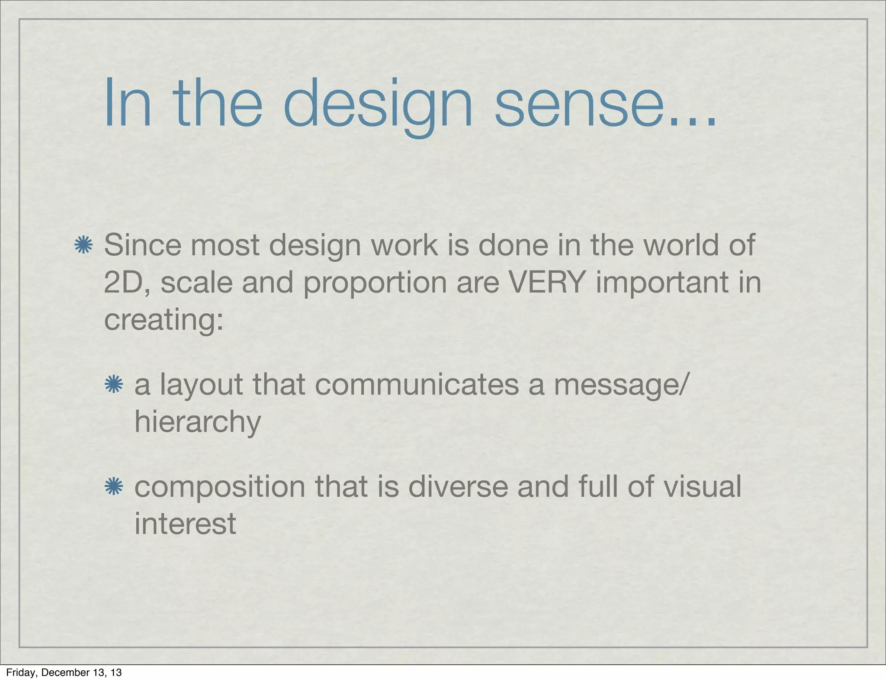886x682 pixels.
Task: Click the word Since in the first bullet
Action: (143, 245)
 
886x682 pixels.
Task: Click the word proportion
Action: (374, 283)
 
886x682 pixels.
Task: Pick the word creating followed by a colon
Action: (164, 320)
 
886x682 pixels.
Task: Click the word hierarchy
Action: (198, 422)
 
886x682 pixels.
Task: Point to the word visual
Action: (703, 486)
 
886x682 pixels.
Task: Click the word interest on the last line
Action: (185, 524)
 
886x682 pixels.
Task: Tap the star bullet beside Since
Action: (83, 245)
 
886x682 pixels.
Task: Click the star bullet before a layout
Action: (114, 384)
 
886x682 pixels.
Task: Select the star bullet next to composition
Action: (114, 486)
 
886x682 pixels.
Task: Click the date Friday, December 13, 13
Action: (64, 672)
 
